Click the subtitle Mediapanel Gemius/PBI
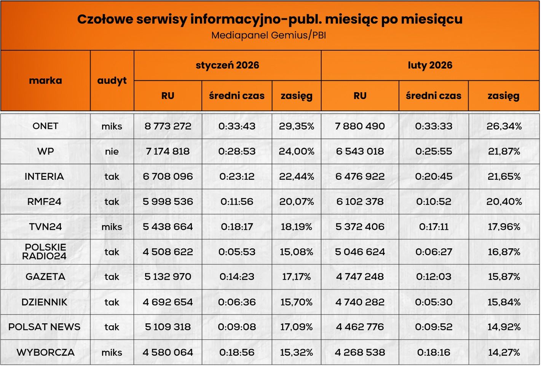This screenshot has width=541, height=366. [x=268, y=35]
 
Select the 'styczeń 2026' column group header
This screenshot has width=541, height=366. [x=227, y=65]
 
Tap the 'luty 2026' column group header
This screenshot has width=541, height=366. [x=430, y=65]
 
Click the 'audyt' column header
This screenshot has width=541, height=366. [x=112, y=80]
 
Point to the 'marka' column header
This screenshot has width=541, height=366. [x=45, y=80]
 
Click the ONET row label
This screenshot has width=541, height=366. [x=45, y=126]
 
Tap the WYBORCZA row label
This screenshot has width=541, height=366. [x=45, y=352]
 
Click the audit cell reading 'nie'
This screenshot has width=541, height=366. [x=112, y=151]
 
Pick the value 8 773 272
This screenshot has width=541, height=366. [x=168, y=126]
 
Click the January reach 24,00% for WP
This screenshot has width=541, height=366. [x=297, y=151]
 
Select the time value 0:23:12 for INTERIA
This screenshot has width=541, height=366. [x=237, y=176]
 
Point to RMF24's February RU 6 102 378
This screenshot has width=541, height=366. [x=360, y=201]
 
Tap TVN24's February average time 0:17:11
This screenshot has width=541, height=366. [x=434, y=227]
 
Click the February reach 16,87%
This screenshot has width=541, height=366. [x=504, y=252]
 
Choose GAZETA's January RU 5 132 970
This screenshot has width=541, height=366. [x=168, y=277]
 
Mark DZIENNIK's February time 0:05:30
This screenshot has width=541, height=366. [x=434, y=302]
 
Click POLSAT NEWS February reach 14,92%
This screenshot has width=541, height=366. [x=504, y=327]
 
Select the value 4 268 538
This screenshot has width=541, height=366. [x=360, y=352]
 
